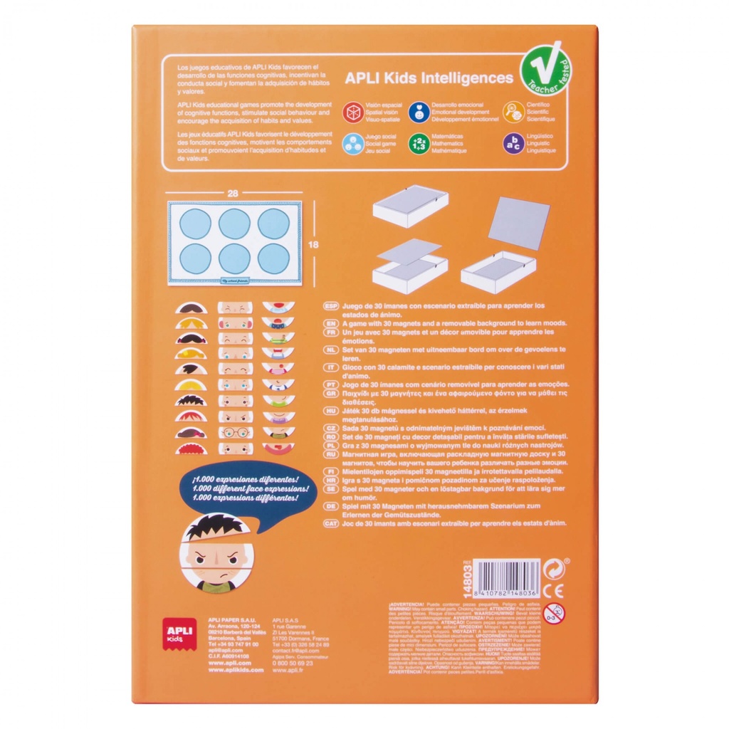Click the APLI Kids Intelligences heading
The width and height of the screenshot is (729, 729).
[429, 78]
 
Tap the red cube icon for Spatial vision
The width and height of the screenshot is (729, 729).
[352, 111]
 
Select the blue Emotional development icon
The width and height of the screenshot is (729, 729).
[418, 111]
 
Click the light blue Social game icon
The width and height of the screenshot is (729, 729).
[352, 143]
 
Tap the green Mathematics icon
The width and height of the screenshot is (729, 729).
[418, 143]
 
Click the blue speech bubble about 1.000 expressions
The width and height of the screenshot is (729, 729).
[239, 491]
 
